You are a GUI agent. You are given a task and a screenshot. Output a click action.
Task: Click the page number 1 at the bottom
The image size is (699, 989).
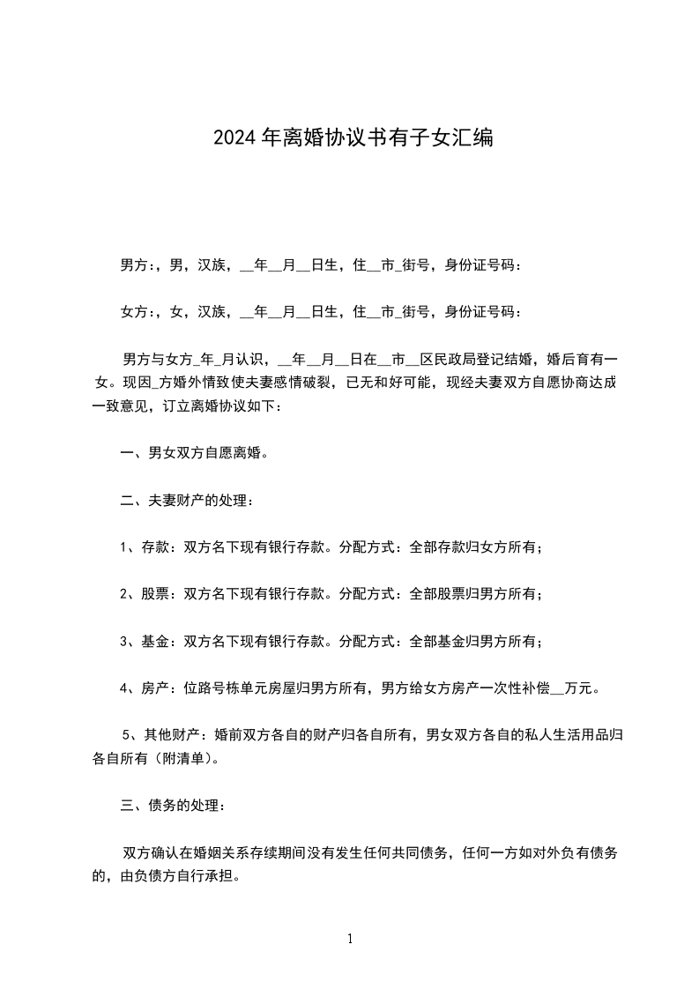[350, 940]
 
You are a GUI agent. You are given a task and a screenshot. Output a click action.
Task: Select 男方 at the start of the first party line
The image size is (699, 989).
[134, 264]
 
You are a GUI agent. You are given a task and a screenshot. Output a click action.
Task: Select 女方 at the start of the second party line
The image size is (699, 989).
[134, 311]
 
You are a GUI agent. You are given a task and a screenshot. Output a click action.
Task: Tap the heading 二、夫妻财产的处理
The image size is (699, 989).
[187, 501]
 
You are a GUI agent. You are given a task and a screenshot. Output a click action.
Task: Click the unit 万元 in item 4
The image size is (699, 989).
[577, 688]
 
